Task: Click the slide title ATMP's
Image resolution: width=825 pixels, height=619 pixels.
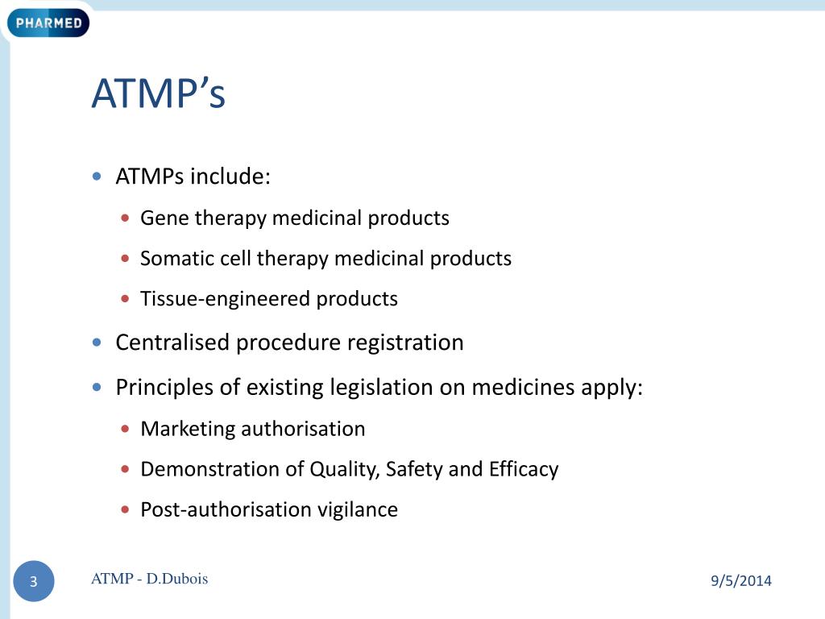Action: pos(158,94)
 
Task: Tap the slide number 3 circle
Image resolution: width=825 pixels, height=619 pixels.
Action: pos(34,582)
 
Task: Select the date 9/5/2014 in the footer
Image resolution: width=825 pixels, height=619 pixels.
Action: pos(741,580)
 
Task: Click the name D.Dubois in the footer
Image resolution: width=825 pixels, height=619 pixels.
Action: pos(177,578)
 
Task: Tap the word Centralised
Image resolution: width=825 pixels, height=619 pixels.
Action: pos(172,343)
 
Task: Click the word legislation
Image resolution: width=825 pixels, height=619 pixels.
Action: pos(382,388)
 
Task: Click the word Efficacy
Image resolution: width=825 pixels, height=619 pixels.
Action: pos(524,469)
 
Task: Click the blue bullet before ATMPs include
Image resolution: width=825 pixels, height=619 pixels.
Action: pos(97,177)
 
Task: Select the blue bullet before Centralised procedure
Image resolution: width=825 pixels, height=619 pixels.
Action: pos(97,343)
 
